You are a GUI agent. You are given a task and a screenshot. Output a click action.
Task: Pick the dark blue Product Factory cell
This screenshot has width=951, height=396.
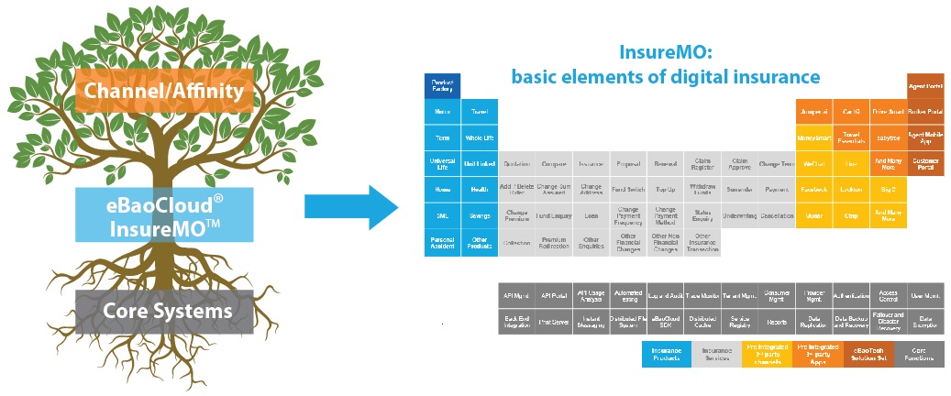click(x=442, y=85)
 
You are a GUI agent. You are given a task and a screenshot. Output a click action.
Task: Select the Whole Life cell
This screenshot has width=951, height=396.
click(x=480, y=137)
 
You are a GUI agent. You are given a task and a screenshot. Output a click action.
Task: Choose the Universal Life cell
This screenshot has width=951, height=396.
click(x=442, y=163)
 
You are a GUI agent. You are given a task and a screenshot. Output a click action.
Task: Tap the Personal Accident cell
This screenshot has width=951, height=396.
click(x=442, y=242)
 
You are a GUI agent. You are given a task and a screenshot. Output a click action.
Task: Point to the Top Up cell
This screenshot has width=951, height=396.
click(x=665, y=190)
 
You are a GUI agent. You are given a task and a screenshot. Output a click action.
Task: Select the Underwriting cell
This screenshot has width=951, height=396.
click(x=740, y=215)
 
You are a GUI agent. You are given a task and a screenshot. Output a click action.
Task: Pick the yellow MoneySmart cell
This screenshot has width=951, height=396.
click(x=813, y=137)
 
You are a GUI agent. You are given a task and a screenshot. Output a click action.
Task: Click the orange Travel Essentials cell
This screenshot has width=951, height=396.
click(x=851, y=137)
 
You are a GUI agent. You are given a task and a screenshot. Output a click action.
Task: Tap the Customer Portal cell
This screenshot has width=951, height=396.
click(x=925, y=163)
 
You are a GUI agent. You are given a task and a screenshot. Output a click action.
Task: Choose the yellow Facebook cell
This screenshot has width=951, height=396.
click(x=813, y=190)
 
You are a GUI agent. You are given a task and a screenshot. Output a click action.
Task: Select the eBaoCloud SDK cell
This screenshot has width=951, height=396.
click(x=665, y=322)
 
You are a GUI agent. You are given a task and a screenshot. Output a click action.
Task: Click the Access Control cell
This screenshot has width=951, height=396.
click(x=888, y=296)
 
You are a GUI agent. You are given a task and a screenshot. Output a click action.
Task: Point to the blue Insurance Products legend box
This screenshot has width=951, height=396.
click(x=666, y=354)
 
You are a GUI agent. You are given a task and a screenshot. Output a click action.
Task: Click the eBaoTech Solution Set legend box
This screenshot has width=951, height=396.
click(x=868, y=354)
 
